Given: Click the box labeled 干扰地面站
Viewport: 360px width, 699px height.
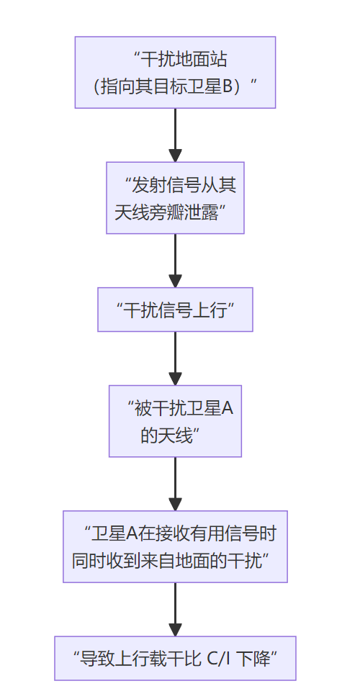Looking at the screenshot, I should pos(175,73).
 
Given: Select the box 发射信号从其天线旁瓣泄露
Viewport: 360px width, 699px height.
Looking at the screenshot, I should pos(175,197).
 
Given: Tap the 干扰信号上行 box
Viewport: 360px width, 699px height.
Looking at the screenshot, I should pos(175,310).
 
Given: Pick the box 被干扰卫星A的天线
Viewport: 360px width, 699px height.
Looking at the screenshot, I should pos(175,421).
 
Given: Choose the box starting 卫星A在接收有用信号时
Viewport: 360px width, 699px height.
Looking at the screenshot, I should pos(175,546).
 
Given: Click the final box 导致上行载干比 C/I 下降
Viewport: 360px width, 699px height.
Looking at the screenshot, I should pos(175,658).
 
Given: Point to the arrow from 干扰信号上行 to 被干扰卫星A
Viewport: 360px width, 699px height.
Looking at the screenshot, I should pos(175,358).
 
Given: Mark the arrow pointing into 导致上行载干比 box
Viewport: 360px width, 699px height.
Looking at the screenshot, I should pos(175,609).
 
